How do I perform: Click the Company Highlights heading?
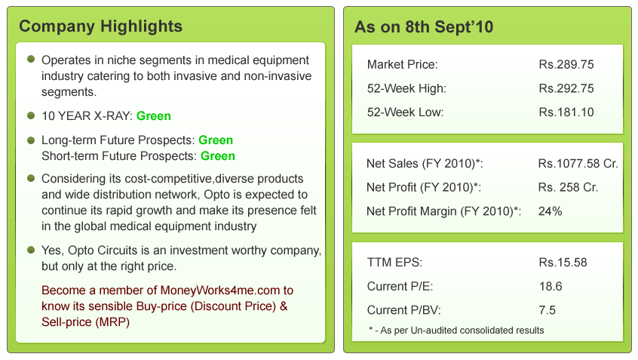(100, 27)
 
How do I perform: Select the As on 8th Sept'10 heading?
(424, 27)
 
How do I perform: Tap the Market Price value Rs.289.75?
(566, 64)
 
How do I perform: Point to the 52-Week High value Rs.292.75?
(566, 88)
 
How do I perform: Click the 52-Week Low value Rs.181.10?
(566, 112)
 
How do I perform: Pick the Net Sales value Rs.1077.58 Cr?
(578, 164)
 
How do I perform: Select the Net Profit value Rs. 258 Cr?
(568, 187)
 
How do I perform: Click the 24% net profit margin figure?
(550, 211)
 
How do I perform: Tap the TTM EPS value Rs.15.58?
(563, 262)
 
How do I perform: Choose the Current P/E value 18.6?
(551, 286)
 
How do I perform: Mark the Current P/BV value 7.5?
(548, 310)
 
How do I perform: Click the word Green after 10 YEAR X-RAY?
(154, 116)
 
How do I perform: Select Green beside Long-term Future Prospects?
(216, 140)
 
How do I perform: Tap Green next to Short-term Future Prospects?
(218, 156)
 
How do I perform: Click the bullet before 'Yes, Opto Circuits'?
(31, 250)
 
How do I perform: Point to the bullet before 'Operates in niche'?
(31, 60)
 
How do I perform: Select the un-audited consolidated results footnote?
(456, 331)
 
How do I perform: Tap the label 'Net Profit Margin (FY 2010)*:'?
(443, 211)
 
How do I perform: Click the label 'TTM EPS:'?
(394, 262)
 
